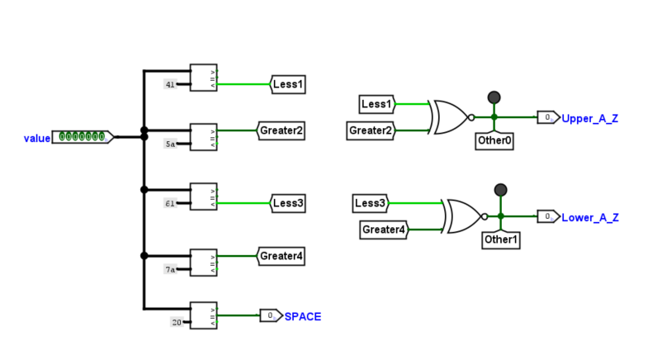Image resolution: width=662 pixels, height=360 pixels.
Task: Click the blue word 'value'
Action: [x=36, y=139]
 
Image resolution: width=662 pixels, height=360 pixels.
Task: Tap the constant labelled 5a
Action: [x=170, y=144]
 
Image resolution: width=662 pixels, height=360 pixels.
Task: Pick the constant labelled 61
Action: [x=169, y=203]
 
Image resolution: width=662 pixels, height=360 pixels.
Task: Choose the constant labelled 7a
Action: [x=170, y=269]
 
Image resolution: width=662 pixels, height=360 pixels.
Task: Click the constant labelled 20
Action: [x=176, y=322]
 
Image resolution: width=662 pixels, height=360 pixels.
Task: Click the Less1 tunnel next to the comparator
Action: [x=289, y=83]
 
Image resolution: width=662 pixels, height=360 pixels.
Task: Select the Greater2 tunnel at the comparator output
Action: [x=281, y=130]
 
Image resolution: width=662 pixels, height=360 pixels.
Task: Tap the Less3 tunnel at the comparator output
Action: [x=289, y=203]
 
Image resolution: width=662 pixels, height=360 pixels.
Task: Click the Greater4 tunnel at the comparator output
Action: [x=281, y=257]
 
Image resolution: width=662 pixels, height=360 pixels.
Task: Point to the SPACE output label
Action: [x=303, y=316]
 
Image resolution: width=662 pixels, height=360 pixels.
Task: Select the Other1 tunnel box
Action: [x=500, y=239]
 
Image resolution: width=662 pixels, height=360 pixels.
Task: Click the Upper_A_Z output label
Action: [x=589, y=119]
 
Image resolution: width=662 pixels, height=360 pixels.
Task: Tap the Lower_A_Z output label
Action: [x=589, y=218]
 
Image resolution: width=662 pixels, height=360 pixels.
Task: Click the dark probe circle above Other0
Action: [x=494, y=97]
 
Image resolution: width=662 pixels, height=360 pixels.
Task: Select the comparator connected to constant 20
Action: [x=203, y=315]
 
